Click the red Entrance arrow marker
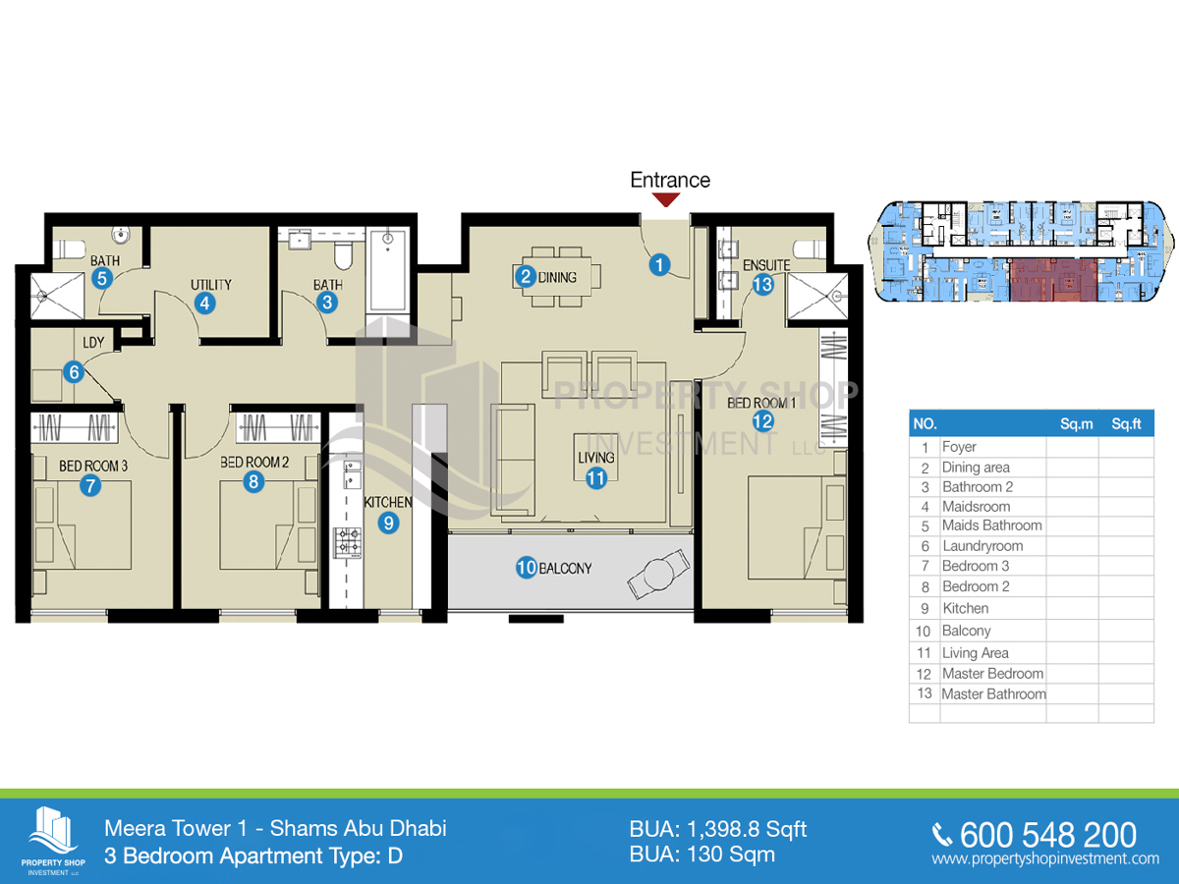(x=666, y=199)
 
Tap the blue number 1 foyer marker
(x=659, y=264)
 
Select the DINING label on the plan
(x=557, y=278)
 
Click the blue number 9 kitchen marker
(x=388, y=523)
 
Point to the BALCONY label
(x=565, y=569)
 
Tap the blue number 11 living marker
(x=596, y=478)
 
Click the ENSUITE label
(x=766, y=265)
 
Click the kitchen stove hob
(x=348, y=542)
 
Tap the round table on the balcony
(x=658, y=574)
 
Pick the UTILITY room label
(x=211, y=285)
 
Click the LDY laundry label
(x=93, y=343)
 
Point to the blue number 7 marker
(x=90, y=486)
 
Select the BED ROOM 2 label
(x=254, y=462)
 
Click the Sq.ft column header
(x=1126, y=424)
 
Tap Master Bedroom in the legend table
(x=992, y=674)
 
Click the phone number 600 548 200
(x=1048, y=835)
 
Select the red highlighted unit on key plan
(x=1053, y=279)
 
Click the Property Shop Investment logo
(x=53, y=841)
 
